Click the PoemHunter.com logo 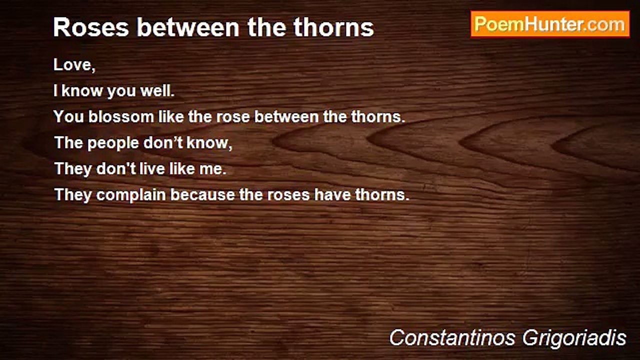(x=550, y=24)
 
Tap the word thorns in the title (x=333, y=27)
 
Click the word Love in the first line (x=73, y=65)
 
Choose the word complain (x=131, y=195)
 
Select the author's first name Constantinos (x=452, y=338)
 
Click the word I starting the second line (x=56, y=91)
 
